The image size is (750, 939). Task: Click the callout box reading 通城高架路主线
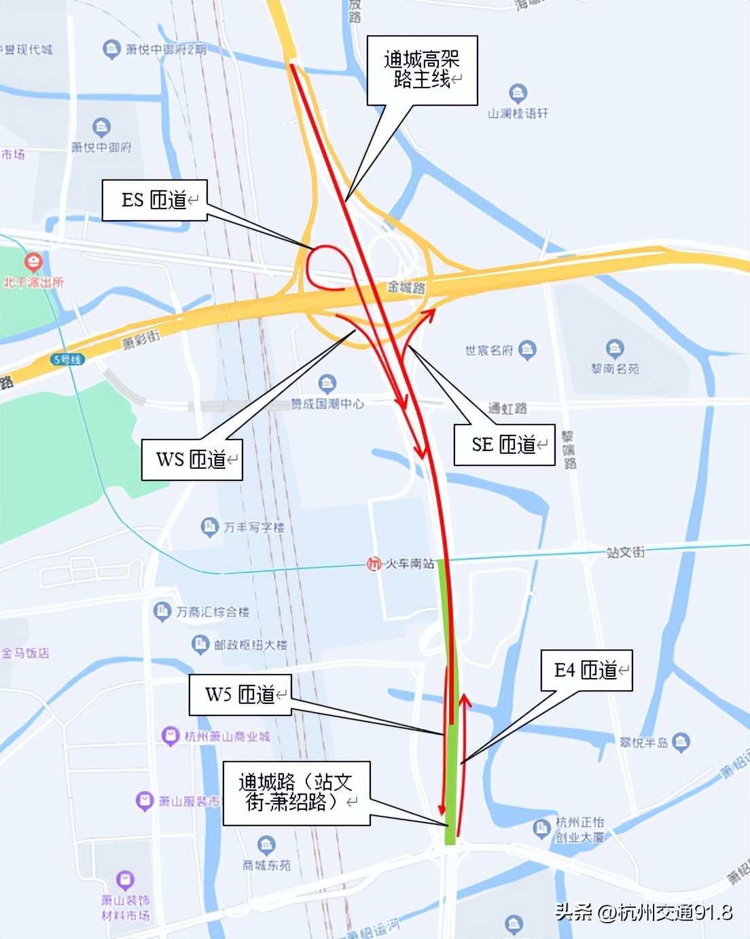tap(422, 70)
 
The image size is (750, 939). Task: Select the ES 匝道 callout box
tap(154, 200)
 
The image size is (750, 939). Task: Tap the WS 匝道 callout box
tap(192, 460)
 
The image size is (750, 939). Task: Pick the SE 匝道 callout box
tap(504, 445)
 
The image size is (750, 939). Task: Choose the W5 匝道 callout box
tap(240, 694)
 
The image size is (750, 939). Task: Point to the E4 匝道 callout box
tap(586, 671)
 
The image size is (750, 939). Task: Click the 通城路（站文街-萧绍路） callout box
tap(296, 793)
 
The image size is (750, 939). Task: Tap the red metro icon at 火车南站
tap(373, 564)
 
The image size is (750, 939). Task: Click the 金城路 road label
tap(406, 287)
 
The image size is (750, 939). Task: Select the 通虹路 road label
tap(507, 408)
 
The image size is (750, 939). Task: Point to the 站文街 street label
tap(626, 552)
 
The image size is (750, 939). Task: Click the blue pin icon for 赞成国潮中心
tap(327, 383)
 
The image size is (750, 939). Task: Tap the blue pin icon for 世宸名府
tap(527, 350)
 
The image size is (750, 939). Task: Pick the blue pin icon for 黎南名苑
tap(615, 349)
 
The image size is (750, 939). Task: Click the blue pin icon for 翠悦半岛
tap(681, 742)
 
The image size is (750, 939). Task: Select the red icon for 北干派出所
tap(33, 262)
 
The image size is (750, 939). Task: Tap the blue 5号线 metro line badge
tap(67, 359)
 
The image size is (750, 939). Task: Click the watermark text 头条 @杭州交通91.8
tap(643, 912)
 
